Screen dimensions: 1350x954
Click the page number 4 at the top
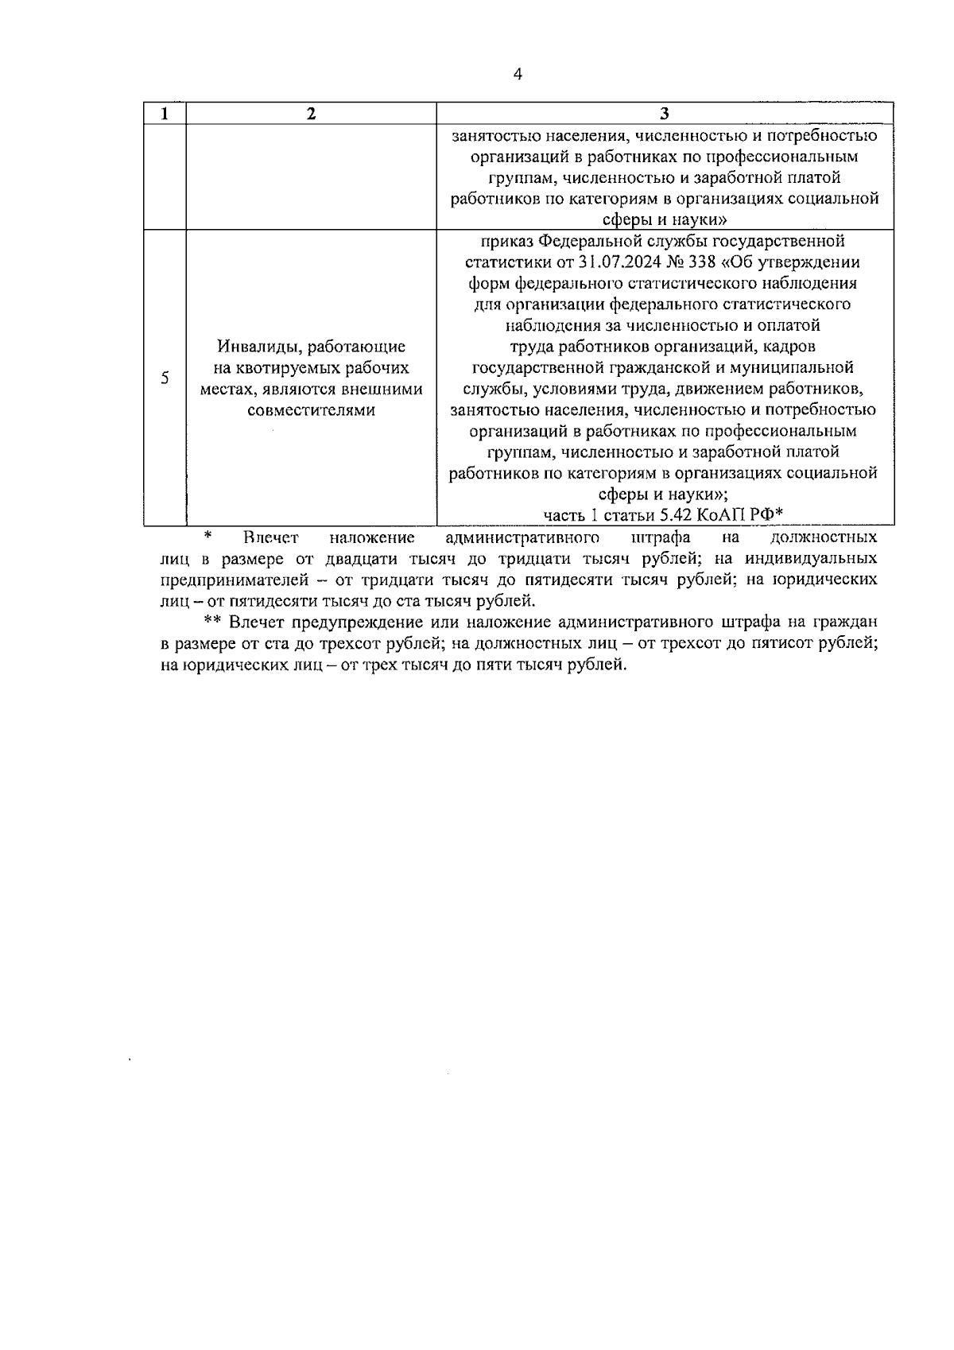pyautogui.click(x=518, y=75)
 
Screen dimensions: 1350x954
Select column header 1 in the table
pyautogui.click(x=165, y=114)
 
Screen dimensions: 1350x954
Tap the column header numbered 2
pyautogui.click(x=311, y=114)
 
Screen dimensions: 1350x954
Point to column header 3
pyautogui.click(x=665, y=114)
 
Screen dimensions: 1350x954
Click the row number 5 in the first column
pyautogui.click(x=165, y=378)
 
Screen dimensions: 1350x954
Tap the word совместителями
pyautogui.click(x=311, y=411)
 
